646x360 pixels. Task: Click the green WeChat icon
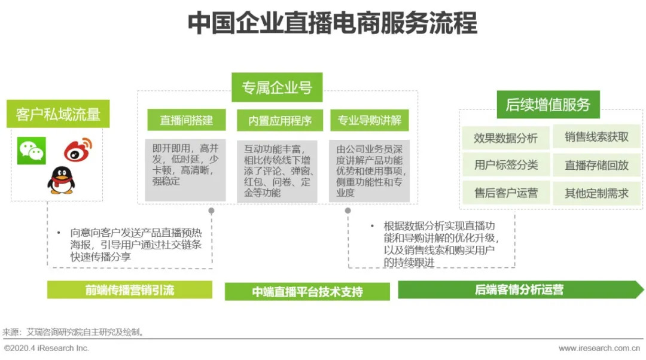point(31,151)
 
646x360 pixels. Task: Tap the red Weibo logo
point(78,150)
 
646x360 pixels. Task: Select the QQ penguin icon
point(60,180)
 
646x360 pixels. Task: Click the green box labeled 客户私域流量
point(58,114)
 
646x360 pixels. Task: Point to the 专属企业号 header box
point(277,88)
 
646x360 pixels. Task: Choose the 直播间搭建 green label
point(187,120)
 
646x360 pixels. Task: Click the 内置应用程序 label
point(280,120)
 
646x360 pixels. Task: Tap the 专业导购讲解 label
point(369,120)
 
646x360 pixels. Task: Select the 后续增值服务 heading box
point(548,105)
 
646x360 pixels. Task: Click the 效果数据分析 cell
point(505,138)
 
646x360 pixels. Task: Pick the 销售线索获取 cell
point(596,137)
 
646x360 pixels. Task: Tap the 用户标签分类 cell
point(505,165)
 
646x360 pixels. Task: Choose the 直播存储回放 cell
point(596,165)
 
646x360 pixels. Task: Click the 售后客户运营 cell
point(505,193)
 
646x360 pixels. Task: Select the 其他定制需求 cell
point(596,193)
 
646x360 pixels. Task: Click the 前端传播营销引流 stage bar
point(130,290)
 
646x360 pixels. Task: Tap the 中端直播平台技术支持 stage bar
point(307,292)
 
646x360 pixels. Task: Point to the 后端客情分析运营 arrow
point(519,290)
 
